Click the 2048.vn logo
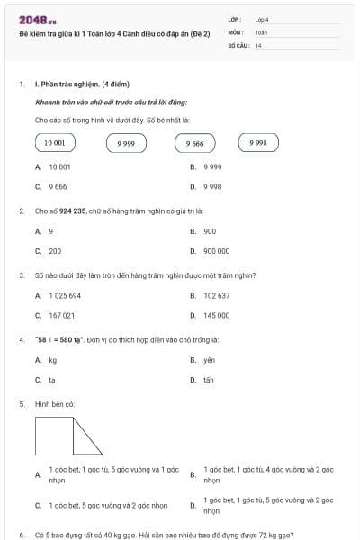38,20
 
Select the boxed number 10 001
55,143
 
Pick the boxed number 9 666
195,143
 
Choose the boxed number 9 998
258,142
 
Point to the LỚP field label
235,18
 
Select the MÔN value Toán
261,31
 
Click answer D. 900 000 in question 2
216,251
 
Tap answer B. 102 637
216,295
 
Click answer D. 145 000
216,316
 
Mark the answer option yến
209,360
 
